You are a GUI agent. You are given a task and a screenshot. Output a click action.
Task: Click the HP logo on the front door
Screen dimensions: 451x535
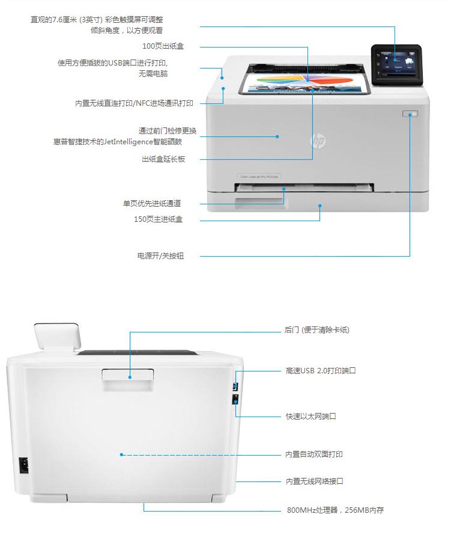point(317,141)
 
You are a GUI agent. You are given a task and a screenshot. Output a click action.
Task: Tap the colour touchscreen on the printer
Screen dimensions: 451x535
point(396,64)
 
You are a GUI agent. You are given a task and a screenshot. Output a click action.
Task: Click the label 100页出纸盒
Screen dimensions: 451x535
point(163,46)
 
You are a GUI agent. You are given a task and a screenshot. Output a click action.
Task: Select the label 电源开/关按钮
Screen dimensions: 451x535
point(160,256)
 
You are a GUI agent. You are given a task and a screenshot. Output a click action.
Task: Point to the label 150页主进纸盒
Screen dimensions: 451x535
point(158,219)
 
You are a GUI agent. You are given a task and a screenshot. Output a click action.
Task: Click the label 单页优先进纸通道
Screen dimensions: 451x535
point(152,203)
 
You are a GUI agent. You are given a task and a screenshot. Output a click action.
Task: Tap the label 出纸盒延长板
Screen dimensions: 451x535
point(163,159)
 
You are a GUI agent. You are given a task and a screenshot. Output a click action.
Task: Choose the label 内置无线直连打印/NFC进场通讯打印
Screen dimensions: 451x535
point(134,103)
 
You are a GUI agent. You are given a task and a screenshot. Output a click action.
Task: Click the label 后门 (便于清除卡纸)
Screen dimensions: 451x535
point(316,330)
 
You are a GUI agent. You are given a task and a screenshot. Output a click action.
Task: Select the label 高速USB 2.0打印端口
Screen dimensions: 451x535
point(321,371)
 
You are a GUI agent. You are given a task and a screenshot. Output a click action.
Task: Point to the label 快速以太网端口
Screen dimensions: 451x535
point(310,416)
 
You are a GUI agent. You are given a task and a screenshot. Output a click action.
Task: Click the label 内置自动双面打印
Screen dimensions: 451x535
point(314,454)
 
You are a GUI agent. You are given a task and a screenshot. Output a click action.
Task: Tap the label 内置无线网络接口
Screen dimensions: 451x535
point(314,481)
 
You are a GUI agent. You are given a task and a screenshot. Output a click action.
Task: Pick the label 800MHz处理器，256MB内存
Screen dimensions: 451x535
point(334,510)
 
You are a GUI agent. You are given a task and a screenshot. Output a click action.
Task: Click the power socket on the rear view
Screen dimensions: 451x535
point(23,465)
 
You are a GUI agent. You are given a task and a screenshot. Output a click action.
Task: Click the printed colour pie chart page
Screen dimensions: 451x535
point(306,83)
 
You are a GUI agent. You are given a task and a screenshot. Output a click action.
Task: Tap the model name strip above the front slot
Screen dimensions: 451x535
point(256,176)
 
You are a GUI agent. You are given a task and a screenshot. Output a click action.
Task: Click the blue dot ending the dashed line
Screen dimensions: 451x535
point(121,455)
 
